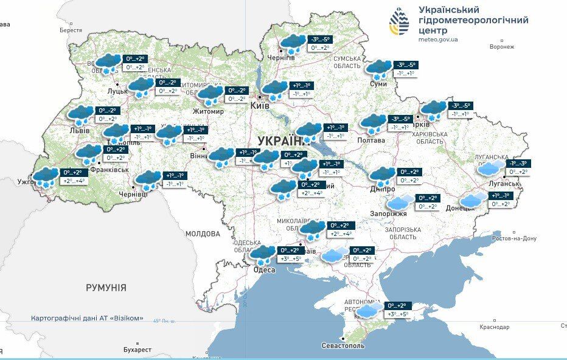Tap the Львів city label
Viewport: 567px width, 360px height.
coord(80,131)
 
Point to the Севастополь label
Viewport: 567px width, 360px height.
coord(343,345)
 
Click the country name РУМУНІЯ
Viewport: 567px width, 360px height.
coord(106,288)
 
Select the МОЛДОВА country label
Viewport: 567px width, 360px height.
coord(203,234)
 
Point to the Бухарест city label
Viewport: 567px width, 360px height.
coord(137,350)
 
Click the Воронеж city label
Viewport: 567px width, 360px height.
coord(502,47)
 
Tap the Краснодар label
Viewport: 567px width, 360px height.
coord(494,327)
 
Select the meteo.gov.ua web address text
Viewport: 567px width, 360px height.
coord(438,40)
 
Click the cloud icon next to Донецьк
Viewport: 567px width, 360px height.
coord(473,199)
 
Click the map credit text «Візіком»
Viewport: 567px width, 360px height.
coord(130,318)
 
